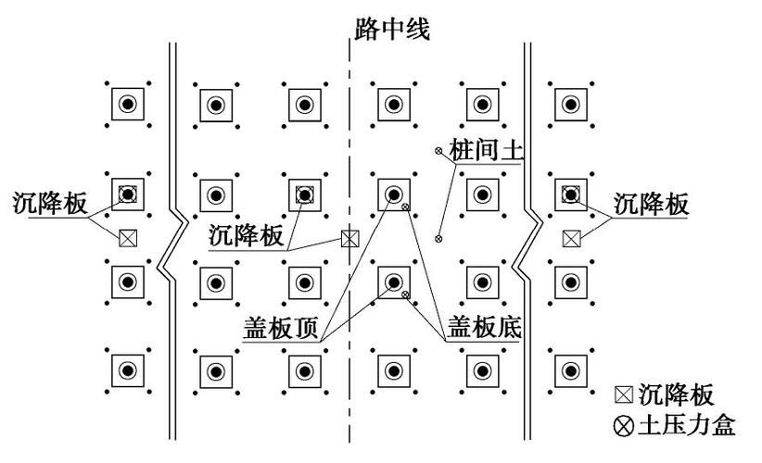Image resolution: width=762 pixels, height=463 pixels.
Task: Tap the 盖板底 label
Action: point(483,328)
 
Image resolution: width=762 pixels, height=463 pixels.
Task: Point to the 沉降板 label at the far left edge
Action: point(51,204)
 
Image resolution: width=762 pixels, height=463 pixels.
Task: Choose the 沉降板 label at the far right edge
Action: point(652,204)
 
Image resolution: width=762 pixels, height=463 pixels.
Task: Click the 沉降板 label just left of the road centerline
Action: point(246,235)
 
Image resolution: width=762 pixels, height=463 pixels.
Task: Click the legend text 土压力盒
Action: point(687,426)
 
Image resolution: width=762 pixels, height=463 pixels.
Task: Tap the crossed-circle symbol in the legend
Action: point(626,427)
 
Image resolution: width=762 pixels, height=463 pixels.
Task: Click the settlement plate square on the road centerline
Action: point(349,239)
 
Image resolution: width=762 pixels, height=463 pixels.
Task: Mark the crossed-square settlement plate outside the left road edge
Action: point(128,238)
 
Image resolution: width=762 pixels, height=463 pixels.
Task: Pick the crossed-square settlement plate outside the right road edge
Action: point(572,238)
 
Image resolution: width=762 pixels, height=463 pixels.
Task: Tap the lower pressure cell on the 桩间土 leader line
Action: point(439,239)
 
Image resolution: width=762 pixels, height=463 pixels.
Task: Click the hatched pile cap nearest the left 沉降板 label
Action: point(128,194)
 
